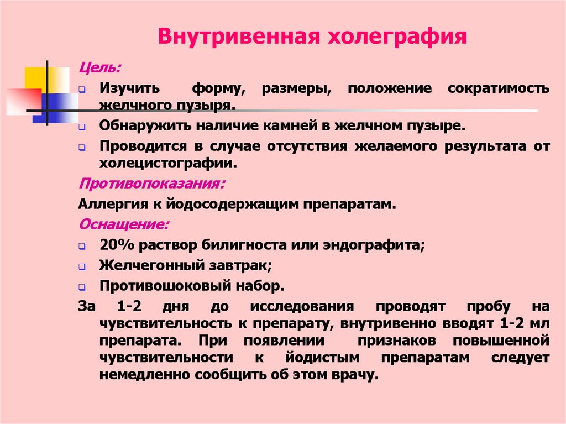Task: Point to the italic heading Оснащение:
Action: click(x=124, y=226)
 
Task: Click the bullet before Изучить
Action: click(x=81, y=90)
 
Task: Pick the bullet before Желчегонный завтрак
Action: click(x=81, y=266)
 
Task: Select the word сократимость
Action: click(x=499, y=88)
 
